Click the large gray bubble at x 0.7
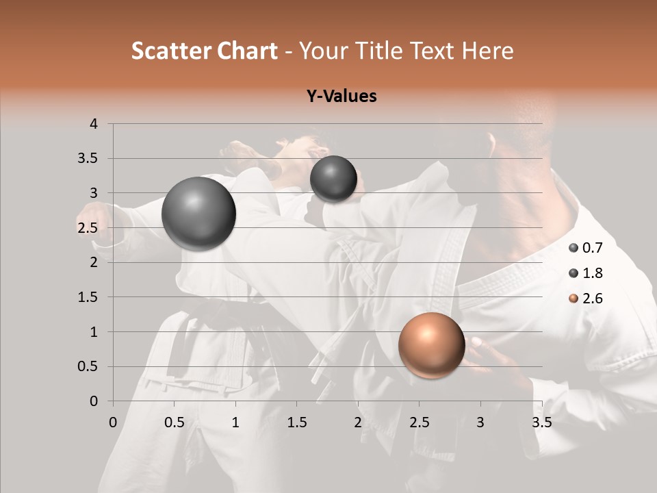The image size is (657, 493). (198, 214)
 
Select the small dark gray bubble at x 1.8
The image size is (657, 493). (333, 179)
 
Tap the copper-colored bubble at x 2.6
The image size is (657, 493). (431, 345)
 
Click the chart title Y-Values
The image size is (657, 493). (342, 97)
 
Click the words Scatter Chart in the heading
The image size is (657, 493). (204, 51)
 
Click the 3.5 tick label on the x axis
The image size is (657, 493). (541, 422)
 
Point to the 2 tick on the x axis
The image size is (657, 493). (358, 422)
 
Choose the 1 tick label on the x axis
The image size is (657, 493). (235, 422)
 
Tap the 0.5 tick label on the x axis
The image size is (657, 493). (175, 422)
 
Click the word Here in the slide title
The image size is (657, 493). (487, 51)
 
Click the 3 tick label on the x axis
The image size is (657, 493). (480, 422)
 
